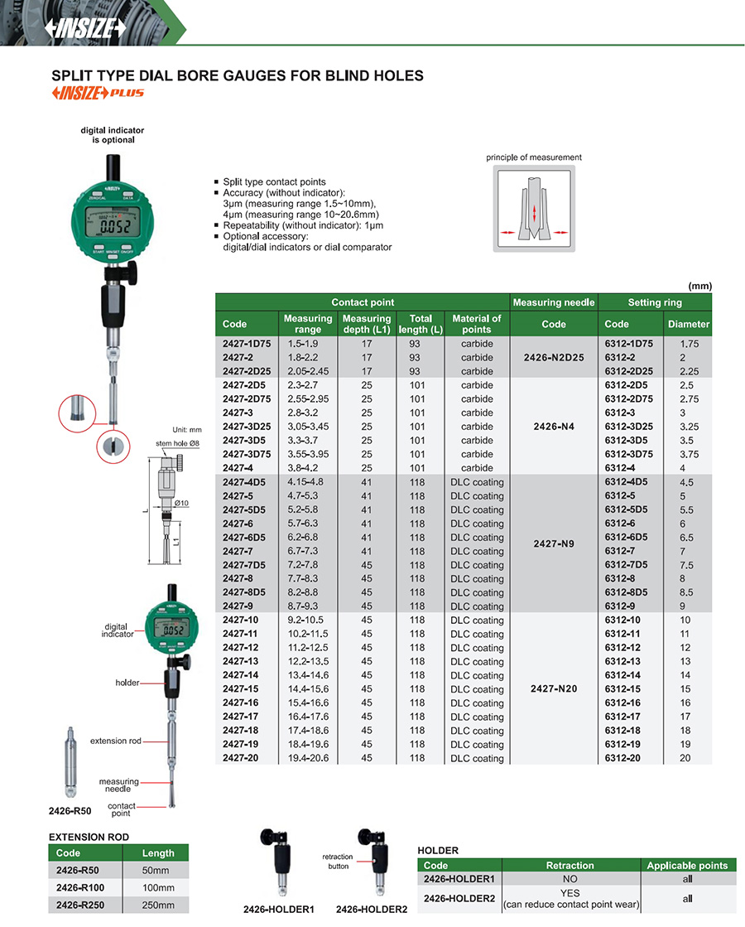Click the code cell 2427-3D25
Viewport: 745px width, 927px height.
point(245,427)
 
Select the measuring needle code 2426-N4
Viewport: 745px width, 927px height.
point(554,427)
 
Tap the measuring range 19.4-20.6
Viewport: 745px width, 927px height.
point(306,758)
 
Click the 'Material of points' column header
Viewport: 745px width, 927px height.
point(477,324)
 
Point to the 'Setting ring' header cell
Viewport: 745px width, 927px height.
point(655,302)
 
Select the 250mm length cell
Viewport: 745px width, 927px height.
point(155,904)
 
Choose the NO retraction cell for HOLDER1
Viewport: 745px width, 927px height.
point(570,879)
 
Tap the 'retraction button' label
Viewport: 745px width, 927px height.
point(337,862)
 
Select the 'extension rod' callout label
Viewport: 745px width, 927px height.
point(115,741)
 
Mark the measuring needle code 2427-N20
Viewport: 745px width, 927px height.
point(554,689)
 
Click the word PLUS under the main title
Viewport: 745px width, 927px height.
point(128,93)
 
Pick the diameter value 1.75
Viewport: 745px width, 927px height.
point(688,344)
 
